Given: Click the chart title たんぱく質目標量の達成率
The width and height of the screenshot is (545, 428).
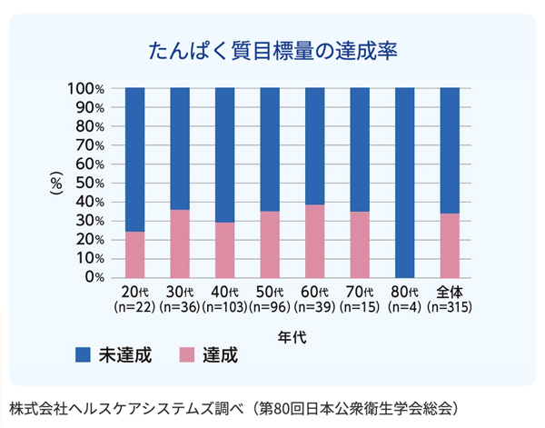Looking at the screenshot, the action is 272,51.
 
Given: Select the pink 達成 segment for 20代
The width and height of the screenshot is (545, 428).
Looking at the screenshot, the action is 134,254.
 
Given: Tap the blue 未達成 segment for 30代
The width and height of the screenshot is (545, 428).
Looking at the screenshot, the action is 180,149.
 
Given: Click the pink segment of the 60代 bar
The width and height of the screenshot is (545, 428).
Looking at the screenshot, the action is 315,242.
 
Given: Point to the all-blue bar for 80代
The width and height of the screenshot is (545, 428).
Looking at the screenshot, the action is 405,183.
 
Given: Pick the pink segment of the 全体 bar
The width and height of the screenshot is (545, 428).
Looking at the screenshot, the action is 450,246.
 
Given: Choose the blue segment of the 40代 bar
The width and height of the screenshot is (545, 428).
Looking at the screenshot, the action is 225,155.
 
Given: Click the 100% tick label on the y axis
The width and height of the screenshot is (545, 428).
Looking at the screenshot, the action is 86,89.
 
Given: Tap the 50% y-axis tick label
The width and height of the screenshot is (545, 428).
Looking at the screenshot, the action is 90,184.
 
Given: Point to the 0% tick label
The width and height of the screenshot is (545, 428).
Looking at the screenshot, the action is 94,277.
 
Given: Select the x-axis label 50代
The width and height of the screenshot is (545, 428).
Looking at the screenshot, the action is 270,292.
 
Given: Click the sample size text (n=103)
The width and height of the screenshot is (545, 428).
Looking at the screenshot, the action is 224,307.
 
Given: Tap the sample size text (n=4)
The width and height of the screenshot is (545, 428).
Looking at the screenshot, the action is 404,307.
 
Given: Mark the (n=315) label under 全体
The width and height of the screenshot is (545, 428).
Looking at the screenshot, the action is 450,307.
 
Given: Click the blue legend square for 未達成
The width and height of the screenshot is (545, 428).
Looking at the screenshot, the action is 83,355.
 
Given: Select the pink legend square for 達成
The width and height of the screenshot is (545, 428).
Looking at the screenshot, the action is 187,355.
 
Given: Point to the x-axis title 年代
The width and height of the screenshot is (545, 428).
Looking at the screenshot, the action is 292,337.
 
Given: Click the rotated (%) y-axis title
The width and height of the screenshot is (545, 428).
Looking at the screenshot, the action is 56,184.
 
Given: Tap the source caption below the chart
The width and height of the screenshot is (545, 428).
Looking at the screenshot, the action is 233,409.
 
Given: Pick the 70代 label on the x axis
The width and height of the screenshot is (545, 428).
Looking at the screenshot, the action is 360,292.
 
